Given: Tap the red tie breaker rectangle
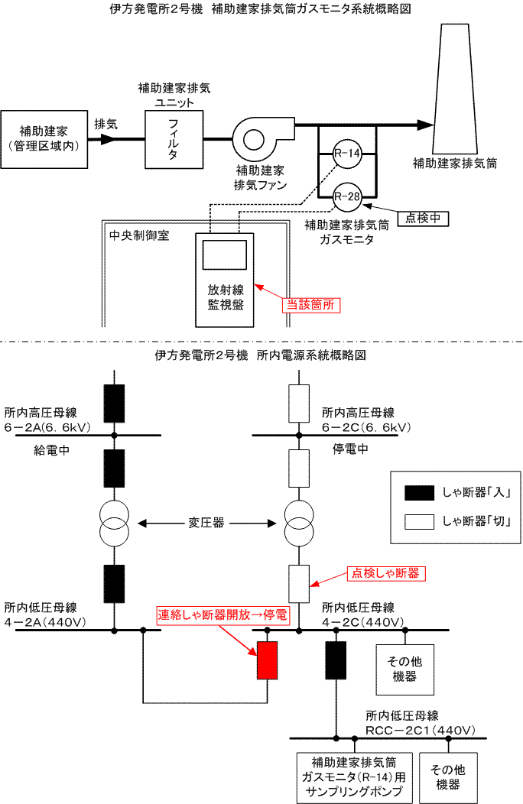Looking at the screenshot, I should pyautogui.click(x=267, y=660).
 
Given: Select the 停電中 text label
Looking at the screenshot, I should pyautogui.click(x=352, y=449).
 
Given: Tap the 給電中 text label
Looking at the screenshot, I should pyautogui.click(x=53, y=449).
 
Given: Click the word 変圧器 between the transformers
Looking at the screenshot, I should pyautogui.click(x=206, y=524).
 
